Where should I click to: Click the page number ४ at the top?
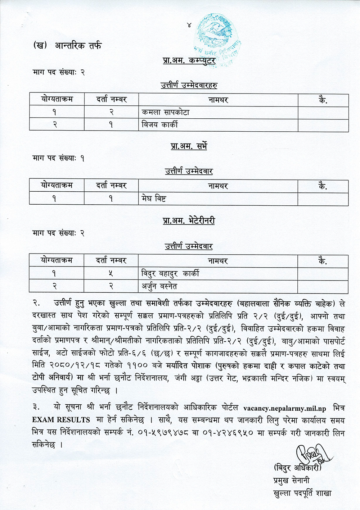coord(189,25)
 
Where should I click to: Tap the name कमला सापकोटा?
coord(166,112)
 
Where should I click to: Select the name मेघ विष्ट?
coord(154,199)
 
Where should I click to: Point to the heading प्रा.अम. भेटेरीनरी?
coord(189,220)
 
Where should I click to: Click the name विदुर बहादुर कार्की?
coord(170,274)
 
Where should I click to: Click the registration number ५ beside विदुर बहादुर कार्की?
coord(111,274)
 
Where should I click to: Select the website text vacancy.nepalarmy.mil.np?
coord(284,408)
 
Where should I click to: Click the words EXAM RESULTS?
coord(61,420)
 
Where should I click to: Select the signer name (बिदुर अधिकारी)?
coord(297,468)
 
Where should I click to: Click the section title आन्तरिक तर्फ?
coord(78,46)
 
